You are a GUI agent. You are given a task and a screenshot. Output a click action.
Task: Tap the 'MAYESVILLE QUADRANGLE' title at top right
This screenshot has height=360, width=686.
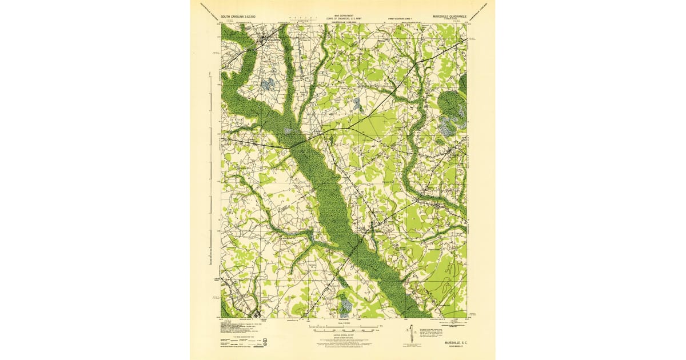(x=450, y=17)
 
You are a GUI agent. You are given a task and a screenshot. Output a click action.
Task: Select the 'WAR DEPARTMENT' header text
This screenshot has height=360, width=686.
(x=344, y=16)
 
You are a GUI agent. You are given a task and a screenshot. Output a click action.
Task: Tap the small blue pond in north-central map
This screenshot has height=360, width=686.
(x=357, y=104)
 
